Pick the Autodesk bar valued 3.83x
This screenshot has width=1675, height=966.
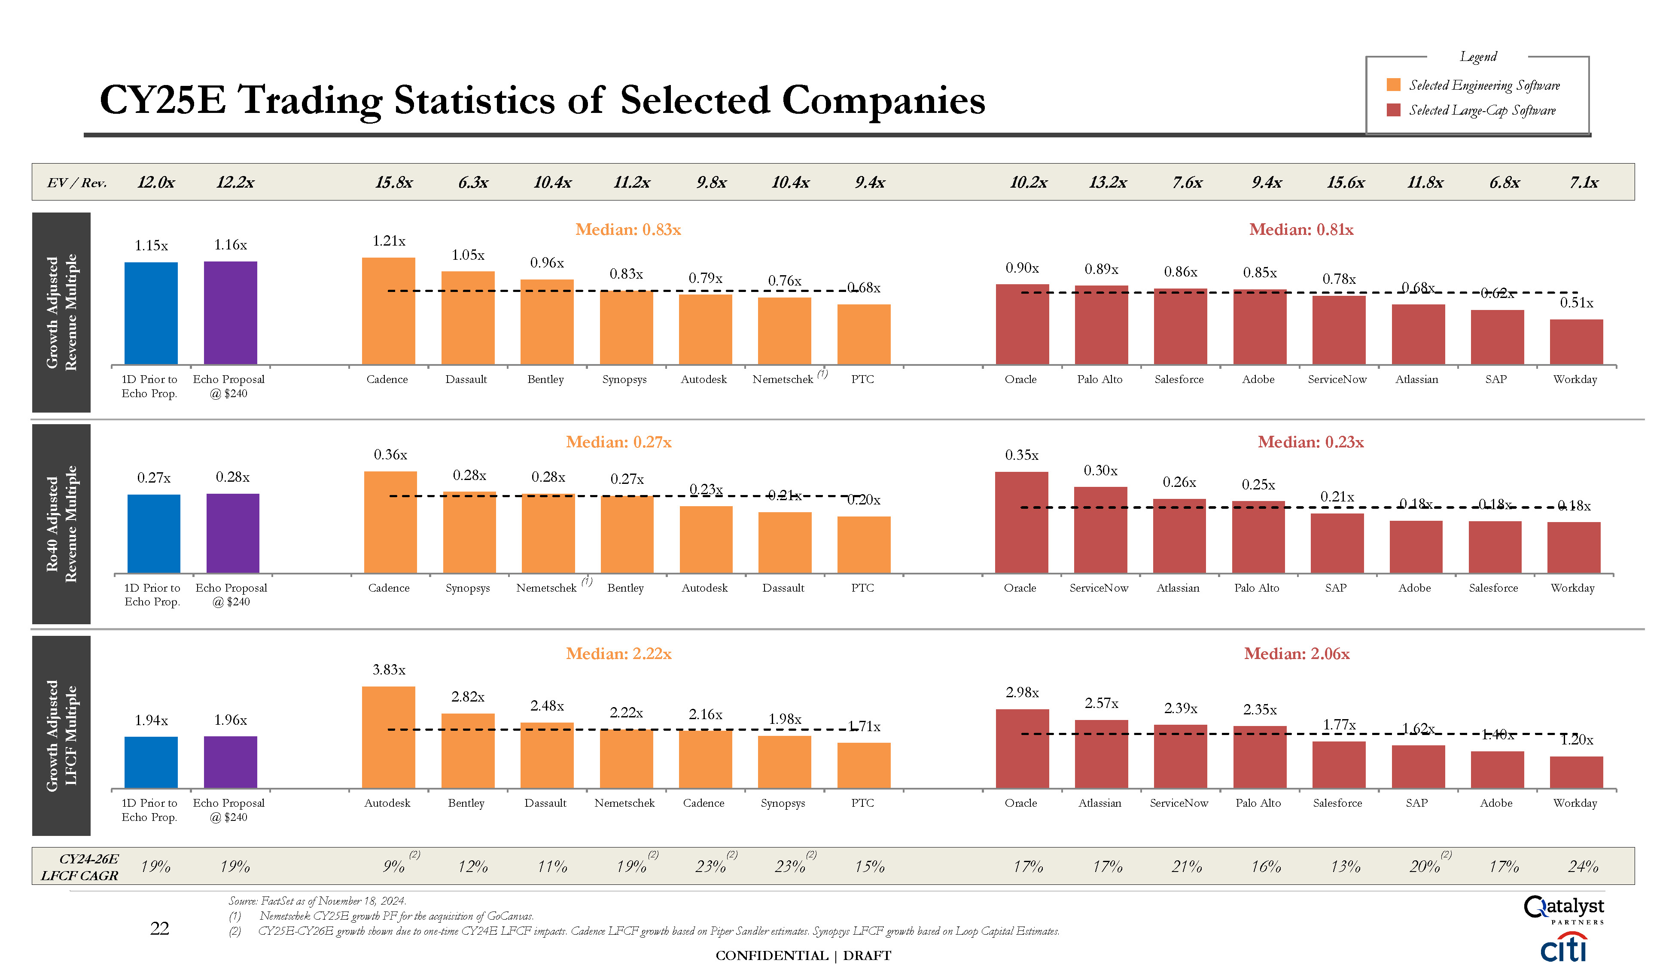tap(388, 737)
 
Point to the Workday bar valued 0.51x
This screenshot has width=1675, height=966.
tap(1576, 342)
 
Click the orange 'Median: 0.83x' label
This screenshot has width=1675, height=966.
tap(628, 230)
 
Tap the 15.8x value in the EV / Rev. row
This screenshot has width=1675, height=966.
tap(393, 182)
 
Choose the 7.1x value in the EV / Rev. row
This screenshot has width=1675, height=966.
tap(1584, 182)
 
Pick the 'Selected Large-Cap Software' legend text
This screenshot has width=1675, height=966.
tap(1482, 110)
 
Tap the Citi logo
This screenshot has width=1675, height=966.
tap(1563, 948)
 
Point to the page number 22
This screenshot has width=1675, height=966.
tap(159, 928)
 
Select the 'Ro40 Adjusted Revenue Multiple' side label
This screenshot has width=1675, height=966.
tap(61, 524)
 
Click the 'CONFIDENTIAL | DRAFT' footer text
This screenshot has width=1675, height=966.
tap(803, 955)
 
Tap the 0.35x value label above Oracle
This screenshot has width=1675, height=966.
tap(1021, 455)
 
